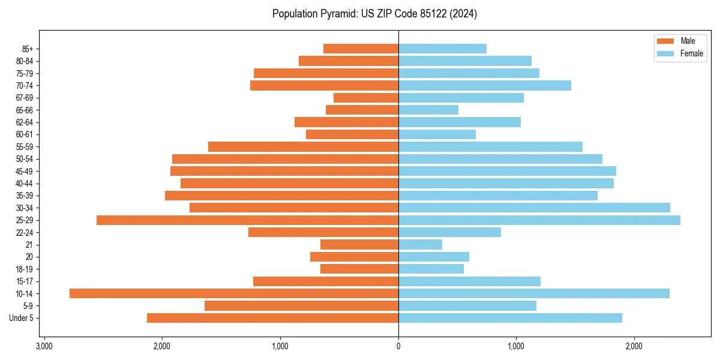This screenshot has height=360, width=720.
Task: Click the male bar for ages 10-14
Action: [234, 293]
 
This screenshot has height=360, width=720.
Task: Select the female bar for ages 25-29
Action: [539, 220]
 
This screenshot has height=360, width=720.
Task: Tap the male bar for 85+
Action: [361, 49]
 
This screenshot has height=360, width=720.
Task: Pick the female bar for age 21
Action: [420, 245]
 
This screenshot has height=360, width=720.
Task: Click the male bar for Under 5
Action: [272, 318]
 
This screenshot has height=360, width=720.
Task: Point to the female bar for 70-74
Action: [485, 86]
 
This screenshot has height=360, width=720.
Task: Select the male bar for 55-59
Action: [303, 147]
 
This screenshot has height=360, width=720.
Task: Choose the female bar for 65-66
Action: [428, 110]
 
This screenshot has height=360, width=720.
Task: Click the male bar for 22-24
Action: [323, 232]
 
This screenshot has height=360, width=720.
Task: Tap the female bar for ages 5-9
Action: [467, 306]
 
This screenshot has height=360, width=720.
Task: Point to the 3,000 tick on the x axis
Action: [44, 346]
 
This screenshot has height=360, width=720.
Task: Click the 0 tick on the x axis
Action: [398, 346]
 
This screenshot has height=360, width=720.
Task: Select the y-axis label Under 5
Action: [22, 318]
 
